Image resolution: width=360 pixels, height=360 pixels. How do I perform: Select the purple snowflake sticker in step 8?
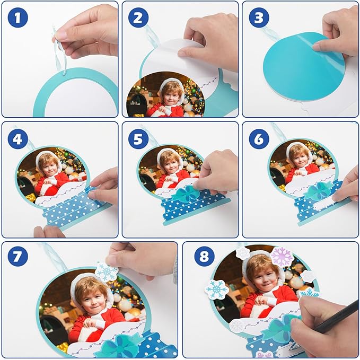282,256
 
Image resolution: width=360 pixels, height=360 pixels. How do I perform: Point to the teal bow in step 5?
186,194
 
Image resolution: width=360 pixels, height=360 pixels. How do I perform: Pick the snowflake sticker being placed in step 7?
107,271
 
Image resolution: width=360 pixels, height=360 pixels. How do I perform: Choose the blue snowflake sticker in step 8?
217,289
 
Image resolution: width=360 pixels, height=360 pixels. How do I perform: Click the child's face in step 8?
263,274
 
